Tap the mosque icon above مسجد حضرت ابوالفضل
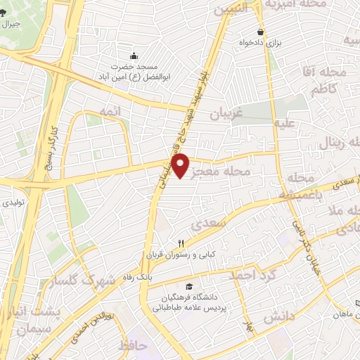[x=134, y=56]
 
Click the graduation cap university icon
[x=188, y=287]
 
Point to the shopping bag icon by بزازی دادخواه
[x=260, y=32]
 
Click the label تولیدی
[x=17, y=202]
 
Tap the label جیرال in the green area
[x=11, y=24]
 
